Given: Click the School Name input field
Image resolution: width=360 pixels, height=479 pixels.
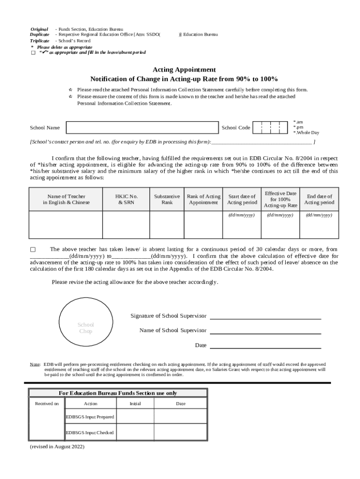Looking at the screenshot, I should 142,128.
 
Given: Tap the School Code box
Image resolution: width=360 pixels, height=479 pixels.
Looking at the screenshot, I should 269,128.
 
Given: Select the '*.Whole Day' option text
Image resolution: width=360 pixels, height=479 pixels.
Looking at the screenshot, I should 306,133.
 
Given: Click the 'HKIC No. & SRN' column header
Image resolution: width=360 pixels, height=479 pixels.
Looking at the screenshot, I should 126,199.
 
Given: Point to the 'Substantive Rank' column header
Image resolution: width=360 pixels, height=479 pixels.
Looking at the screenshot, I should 167,199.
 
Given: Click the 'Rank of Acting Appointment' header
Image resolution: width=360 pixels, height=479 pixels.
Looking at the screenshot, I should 203,199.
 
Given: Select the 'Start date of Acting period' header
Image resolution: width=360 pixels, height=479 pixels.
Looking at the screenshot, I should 242,199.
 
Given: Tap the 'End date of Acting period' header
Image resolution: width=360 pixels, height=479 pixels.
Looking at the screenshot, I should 319,199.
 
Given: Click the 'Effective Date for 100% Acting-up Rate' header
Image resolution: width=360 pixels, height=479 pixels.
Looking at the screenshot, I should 281,199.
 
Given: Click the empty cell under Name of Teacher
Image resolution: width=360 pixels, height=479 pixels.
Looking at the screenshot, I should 66,225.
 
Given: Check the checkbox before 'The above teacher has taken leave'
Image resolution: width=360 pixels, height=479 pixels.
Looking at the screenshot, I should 33,250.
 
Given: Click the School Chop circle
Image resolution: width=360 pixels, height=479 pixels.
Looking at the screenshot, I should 86,328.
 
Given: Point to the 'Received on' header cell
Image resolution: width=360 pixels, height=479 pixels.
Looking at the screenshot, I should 47,404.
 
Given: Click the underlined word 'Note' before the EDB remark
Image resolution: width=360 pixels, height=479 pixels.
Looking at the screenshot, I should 35,364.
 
